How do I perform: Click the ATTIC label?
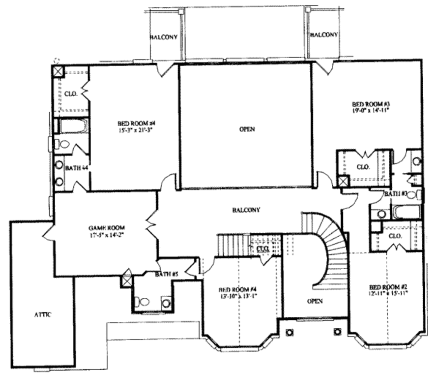coord(43,315)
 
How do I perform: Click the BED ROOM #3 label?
coord(370,104)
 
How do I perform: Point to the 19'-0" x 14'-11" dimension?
coord(370,110)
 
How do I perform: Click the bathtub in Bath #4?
coord(73,126)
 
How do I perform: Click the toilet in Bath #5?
coord(144,302)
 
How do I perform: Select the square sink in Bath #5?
coord(166,303)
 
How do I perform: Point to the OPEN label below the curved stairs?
coord(315,301)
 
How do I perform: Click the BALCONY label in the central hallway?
coord(246,210)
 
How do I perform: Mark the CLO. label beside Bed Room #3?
coord(363,167)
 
